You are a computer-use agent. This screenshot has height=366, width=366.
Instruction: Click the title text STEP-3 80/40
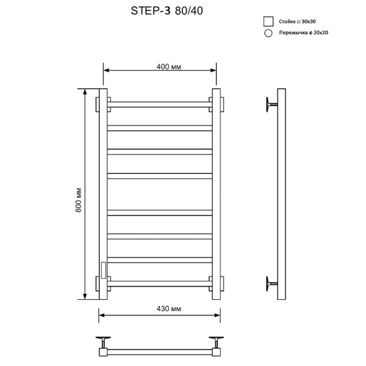pyautogui.click(x=167, y=10)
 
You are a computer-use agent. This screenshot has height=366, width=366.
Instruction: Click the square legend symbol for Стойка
pyautogui.click(x=268, y=21)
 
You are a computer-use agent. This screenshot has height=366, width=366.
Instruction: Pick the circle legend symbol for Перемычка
pyautogui.click(x=268, y=33)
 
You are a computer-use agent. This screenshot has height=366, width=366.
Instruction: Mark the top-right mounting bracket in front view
pyautogui.click(x=221, y=103)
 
